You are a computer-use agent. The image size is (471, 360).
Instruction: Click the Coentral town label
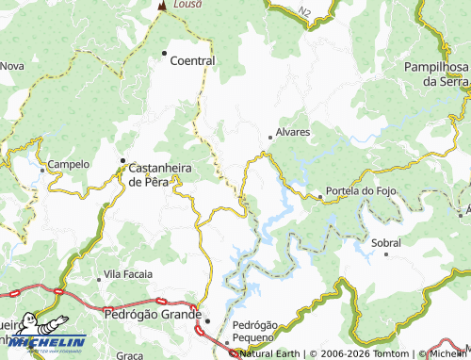click(192, 60)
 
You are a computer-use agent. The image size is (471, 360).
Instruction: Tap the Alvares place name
click(292, 133)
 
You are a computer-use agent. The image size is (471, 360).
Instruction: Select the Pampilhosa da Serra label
click(436, 74)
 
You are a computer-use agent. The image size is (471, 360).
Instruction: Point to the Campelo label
click(68, 164)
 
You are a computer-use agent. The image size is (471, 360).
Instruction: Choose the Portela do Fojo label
click(357, 192)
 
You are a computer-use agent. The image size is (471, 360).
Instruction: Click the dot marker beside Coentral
click(165, 53)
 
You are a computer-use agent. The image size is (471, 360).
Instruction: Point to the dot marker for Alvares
click(271, 138)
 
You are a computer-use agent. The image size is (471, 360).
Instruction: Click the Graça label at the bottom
click(128, 355)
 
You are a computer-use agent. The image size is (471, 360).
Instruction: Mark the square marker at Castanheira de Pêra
click(122, 160)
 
